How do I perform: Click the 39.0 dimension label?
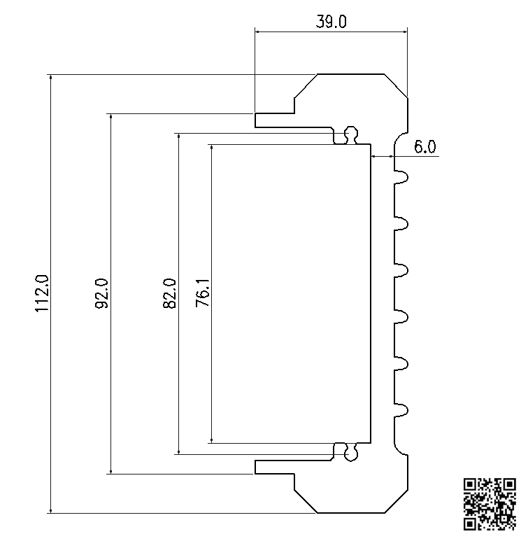click(331, 22)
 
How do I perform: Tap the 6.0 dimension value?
click(424, 147)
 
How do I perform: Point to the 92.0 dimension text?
click(101, 293)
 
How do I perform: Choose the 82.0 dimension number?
click(169, 293)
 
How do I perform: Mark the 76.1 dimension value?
click(202, 293)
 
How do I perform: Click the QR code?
click(490, 503)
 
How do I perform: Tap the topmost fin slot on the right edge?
click(401, 178)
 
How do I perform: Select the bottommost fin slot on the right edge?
click(401, 409)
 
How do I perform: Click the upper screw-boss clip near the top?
click(350, 134)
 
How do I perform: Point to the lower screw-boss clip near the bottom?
click(350, 453)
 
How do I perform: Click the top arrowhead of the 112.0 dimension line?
click(50, 78)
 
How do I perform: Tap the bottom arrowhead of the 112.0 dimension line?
click(50, 509)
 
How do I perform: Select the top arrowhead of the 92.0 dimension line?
click(111, 117)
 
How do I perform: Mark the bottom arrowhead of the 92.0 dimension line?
click(111, 470)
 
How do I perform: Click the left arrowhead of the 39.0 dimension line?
click(259, 31)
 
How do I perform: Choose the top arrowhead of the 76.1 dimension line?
click(211, 148)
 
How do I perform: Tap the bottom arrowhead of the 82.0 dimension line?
click(178, 450)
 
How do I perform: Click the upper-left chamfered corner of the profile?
click(306, 85)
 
